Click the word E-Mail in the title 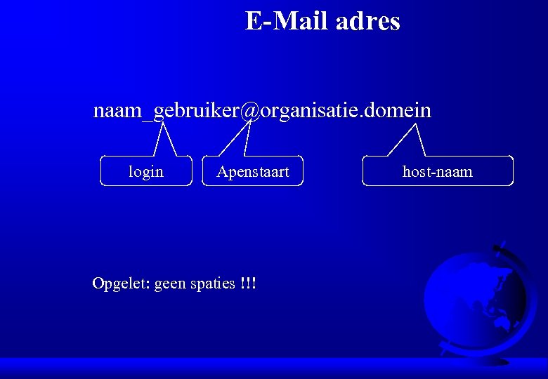point(287,21)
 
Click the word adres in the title point(367,21)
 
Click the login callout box point(146,171)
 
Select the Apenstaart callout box point(252,171)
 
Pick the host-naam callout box point(438,171)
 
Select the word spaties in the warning point(213,284)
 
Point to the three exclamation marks point(247,283)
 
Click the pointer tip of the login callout point(163,125)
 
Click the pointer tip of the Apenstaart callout point(247,125)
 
